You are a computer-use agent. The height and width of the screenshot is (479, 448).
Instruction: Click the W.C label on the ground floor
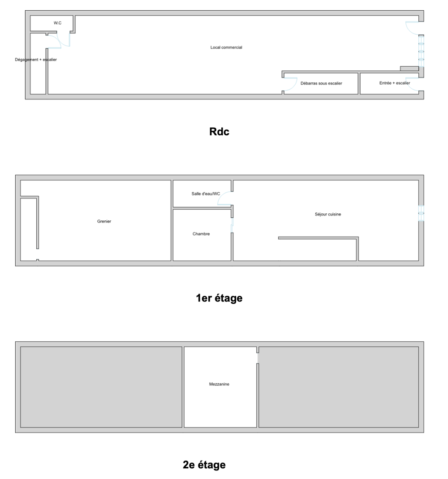pyautogui.click(x=57, y=23)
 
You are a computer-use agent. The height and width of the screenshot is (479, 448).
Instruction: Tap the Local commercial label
pyautogui.click(x=226, y=47)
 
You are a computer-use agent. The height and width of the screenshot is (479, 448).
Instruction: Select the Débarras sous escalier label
pyautogui.click(x=321, y=83)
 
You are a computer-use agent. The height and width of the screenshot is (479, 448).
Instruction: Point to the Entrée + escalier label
pyautogui.click(x=395, y=83)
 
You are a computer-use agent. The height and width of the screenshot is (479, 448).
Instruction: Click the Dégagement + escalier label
pyautogui.click(x=36, y=60)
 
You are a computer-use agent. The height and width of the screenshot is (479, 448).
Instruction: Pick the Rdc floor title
pyautogui.click(x=219, y=131)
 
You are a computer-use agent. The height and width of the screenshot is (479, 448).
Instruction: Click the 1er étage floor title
pyautogui.click(x=219, y=298)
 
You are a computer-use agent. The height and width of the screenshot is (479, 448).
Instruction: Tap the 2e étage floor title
pyautogui.click(x=204, y=465)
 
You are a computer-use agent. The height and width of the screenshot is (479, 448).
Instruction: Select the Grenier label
pyautogui.click(x=104, y=221)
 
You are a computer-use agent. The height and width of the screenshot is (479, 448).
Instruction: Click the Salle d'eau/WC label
pyautogui.click(x=206, y=194)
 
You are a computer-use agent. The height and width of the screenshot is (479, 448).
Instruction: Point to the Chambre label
pyautogui.click(x=201, y=234)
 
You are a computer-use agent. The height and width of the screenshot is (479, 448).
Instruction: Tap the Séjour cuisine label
pyautogui.click(x=328, y=214)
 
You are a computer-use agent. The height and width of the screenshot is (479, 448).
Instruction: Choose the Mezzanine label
pyautogui.click(x=219, y=384)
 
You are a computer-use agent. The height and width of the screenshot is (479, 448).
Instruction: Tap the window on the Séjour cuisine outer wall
pyautogui.click(x=422, y=213)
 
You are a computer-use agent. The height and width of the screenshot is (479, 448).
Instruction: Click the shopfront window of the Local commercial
pyautogui.click(x=422, y=51)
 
